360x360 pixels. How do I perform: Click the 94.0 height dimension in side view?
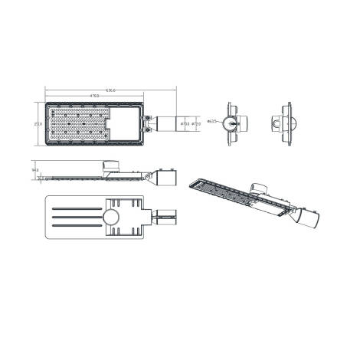[x=35, y=171]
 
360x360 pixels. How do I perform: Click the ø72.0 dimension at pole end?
[x=196, y=122]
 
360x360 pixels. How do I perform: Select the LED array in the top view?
[x=77, y=123]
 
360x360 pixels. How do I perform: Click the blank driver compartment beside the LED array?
[x=124, y=116]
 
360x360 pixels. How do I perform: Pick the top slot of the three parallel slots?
[x=76, y=208]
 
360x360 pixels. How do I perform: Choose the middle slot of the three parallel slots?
[x=76, y=218]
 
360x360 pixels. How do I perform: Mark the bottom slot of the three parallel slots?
[x=76, y=227]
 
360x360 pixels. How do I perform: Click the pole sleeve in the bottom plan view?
[x=165, y=218]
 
